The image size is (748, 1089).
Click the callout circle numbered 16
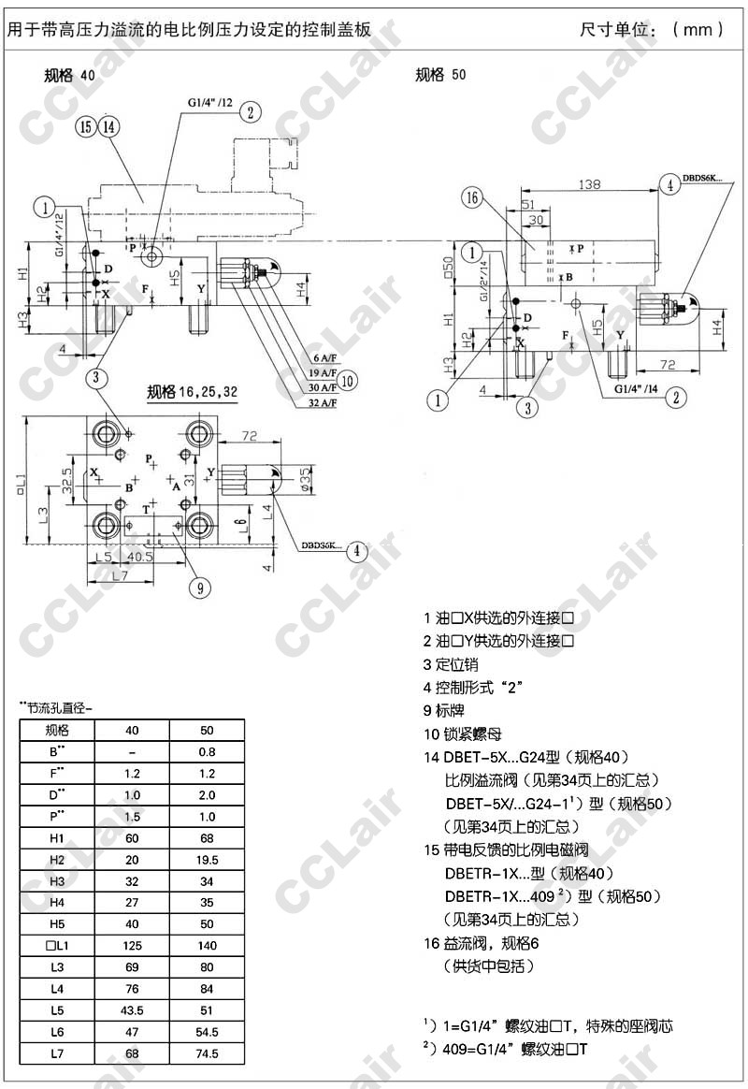[x=472, y=197]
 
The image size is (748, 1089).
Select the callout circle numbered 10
[x=347, y=380]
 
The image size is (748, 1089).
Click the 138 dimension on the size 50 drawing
[x=588, y=185]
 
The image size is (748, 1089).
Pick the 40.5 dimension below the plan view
[x=139, y=558]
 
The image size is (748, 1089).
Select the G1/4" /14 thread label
[x=637, y=387]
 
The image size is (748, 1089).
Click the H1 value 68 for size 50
[x=207, y=836]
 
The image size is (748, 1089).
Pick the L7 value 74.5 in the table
[x=207, y=1053]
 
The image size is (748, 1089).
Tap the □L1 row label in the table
[x=57, y=946]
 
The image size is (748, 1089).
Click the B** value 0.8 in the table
[x=207, y=751]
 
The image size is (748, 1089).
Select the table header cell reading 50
[x=207, y=730]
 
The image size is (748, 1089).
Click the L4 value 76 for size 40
[x=132, y=989]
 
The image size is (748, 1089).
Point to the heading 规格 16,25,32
[x=191, y=392]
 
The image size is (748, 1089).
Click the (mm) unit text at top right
[x=698, y=29]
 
